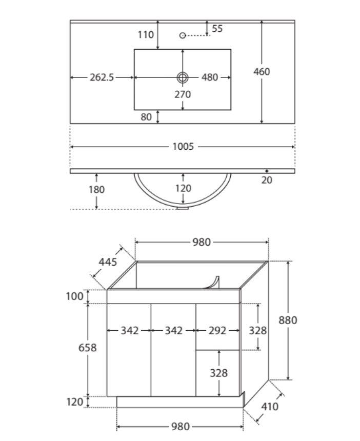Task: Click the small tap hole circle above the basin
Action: click(183, 35)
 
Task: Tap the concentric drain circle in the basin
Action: click(183, 77)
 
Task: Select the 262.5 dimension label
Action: click(102, 77)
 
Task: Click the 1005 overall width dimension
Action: click(183, 147)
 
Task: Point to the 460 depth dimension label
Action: click(262, 72)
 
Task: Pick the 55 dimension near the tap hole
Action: click(217, 29)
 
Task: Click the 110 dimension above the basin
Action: click(146, 35)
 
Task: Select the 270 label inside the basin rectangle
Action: click(183, 94)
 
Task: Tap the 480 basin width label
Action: click(210, 77)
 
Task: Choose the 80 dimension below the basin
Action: click(146, 117)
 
